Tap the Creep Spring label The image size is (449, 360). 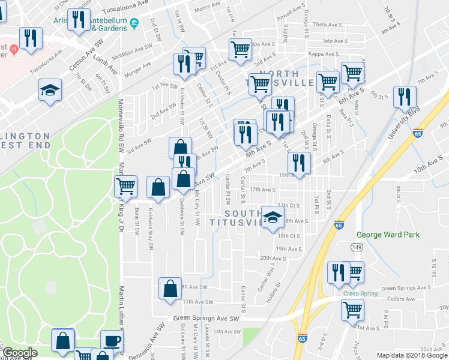360,293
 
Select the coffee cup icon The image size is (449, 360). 112,341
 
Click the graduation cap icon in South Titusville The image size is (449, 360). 272,217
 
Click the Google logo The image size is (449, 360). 20,353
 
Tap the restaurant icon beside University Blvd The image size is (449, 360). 405,97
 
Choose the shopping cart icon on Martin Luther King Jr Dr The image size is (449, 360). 125,186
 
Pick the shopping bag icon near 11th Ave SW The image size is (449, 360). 170,288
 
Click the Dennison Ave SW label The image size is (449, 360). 146,343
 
